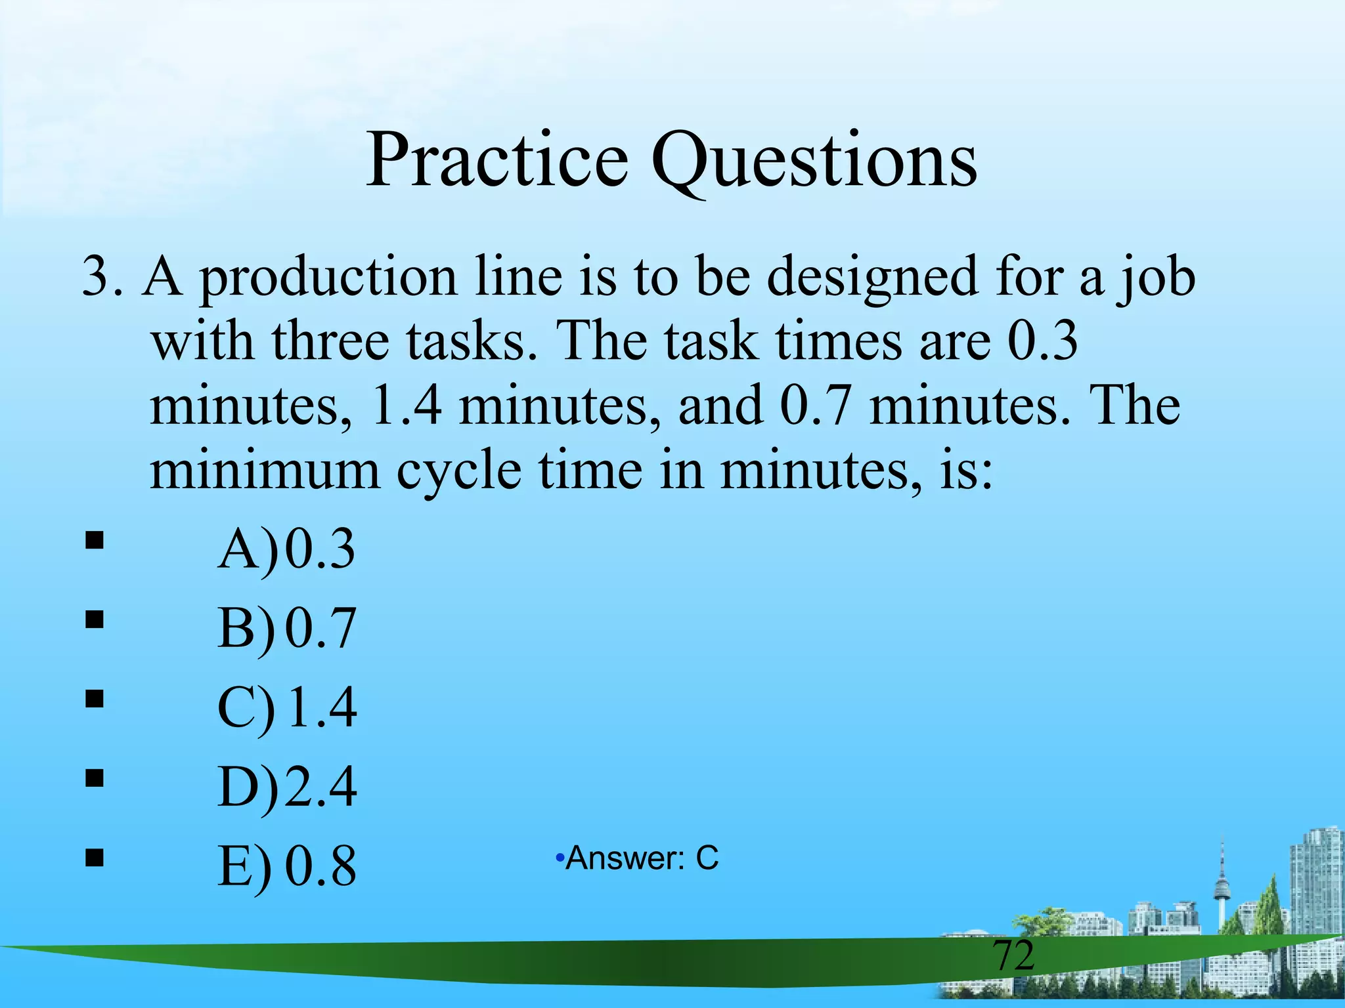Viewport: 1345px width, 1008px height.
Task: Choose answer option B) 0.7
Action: pyautogui.click(x=287, y=628)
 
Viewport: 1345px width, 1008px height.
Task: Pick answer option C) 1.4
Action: pyautogui.click(x=287, y=707)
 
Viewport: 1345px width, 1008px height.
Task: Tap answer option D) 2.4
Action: pyautogui.click(x=287, y=786)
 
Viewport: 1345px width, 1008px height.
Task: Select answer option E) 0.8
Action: pyautogui.click(x=287, y=865)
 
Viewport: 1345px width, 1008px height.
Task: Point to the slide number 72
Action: pyautogui.click(x=1013, y=955)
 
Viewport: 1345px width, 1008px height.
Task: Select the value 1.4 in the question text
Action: pyautogui.click(x=405, y=406)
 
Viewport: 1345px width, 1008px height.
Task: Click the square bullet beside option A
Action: pyautogui.click(x=95, y=540)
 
